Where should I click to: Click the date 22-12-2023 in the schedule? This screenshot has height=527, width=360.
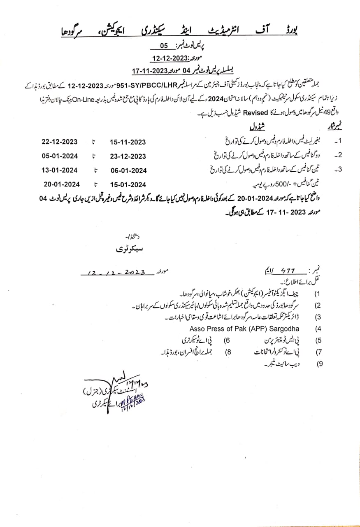60,142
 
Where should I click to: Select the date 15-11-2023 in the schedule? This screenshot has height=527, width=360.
128,142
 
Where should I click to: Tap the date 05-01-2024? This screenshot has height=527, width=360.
60,156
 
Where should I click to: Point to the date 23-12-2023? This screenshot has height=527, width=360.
128,156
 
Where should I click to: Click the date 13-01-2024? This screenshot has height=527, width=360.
60,170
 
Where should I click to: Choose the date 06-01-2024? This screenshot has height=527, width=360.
128,170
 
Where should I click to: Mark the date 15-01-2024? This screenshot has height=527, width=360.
128,184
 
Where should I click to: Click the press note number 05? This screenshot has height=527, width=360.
164,46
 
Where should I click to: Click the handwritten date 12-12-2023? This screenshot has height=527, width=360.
117,273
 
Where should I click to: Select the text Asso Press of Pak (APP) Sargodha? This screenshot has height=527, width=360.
244,329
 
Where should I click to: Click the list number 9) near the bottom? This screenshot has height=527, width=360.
319,364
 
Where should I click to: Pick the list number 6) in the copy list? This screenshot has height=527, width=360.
227,340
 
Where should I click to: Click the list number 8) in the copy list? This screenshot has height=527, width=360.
228,352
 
